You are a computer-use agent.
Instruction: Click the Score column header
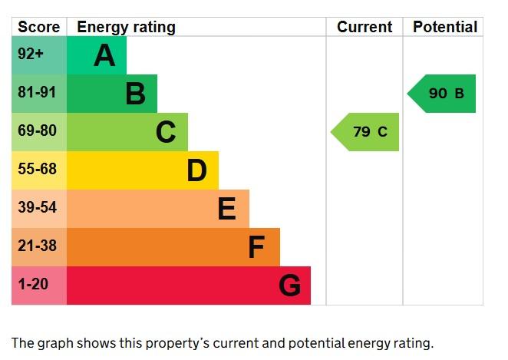[x=38, y=27]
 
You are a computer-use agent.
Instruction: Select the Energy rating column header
[x=126, y=27]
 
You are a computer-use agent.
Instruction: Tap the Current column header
[x=365, y=27]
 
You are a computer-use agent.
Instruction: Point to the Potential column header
[x=445, y=27]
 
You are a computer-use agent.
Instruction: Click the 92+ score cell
[x=31, y=55]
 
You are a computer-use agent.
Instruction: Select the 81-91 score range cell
[x=37, y=93]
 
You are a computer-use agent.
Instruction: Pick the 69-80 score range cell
[x=37, y=131]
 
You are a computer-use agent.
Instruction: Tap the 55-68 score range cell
[x=37, y=170]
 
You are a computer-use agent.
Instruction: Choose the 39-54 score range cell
[x=37, y=208]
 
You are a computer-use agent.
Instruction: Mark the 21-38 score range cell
[x=37, y=246]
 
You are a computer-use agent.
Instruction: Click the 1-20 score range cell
[x=33, y=285]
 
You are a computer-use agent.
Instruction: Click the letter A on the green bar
[x=104, y=55]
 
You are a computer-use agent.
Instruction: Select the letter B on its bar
[x=135, y=94]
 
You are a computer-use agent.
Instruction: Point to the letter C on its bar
[x=166, y=132]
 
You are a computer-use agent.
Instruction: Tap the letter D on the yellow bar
[x=196, y=170]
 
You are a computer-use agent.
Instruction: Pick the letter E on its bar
[x=226, y=209]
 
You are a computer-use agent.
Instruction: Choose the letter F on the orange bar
[x=256, y=247]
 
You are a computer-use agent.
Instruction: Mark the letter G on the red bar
[x=289, y=286]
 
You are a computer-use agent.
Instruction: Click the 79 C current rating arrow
[x=367, y=132]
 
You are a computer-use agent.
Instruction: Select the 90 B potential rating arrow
[x=443, y=94]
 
